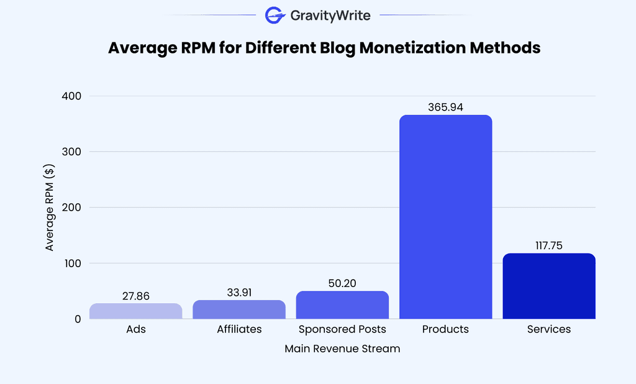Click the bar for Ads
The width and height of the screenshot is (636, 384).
136,311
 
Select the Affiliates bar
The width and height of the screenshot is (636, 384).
239,309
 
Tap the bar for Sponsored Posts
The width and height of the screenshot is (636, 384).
342,304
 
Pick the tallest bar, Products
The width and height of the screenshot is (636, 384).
445,217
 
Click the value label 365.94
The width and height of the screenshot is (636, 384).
445,107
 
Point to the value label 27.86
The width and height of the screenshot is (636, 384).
136,296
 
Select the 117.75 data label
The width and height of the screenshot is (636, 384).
548,245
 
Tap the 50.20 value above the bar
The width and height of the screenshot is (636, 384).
342,283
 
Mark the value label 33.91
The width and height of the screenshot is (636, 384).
239,293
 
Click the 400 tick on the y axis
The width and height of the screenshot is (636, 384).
71,96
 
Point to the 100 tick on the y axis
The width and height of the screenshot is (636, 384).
72,263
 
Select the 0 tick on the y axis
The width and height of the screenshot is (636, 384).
77,319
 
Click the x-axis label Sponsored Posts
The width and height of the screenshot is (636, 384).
342,329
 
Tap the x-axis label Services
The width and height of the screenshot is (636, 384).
548,329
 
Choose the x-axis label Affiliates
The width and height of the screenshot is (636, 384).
239,329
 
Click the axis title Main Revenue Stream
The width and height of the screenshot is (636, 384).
342,349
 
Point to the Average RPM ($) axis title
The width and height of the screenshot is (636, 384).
50,208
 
